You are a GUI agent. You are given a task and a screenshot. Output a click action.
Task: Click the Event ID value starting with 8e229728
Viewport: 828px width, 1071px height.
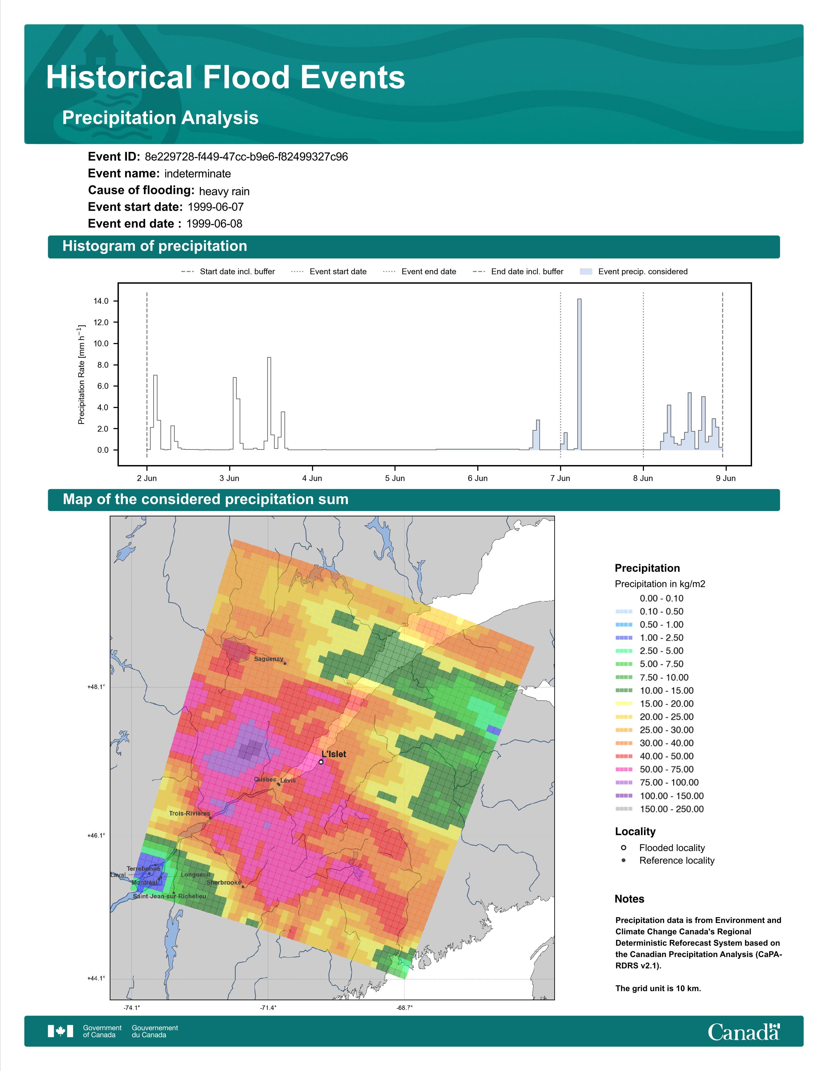tap(246, 157)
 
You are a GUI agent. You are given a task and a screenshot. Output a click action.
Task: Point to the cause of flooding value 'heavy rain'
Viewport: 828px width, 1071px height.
tap(224, 191)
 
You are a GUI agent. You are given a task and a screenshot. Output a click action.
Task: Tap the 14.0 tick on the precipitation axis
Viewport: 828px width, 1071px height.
tap(101, 301)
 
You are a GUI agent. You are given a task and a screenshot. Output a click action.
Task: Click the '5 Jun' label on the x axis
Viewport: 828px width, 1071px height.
tap(395, 478)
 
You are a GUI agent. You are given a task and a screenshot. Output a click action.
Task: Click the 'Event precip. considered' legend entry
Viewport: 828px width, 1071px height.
tap(634, 272)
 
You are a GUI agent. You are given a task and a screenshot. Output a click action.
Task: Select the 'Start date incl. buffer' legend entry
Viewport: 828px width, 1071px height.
tap(228, 272)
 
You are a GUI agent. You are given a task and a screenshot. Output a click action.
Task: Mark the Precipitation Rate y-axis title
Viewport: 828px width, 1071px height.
tap(82, 374)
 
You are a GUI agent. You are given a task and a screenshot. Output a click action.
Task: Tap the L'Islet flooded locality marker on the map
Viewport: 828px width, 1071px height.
tap(321, 762)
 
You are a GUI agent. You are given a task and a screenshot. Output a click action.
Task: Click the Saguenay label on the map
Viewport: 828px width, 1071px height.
tap(268, 659)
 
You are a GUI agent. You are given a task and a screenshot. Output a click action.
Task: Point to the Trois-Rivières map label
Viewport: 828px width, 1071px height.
tap(189, 813)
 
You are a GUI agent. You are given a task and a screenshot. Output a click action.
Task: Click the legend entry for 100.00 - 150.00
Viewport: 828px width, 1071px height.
tap(660, 796)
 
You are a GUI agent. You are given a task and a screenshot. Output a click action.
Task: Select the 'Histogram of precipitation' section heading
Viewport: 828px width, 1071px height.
tap(155, 246)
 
